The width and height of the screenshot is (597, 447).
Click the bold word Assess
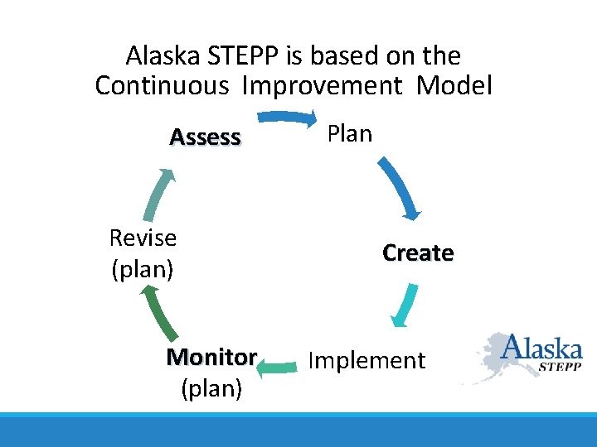pyautogui.click(x=205, y=137)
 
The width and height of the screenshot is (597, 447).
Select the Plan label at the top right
pyautogui.click(x=349, y=133)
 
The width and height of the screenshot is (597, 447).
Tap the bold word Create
pyautogui.click(x=418, y=252)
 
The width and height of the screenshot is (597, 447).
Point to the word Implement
pyautogui.click(x=366, y=360)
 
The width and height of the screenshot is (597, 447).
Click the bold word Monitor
pyautogui.click(x=211, y=357)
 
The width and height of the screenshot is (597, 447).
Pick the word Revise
pyautogui.click(x=143, y=238)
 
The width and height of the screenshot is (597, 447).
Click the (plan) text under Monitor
pyautogui.click(x=211, y=388)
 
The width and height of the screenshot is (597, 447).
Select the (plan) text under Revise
pyautogui.click(x=142, y=269)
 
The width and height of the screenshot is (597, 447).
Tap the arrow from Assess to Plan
pyautogui.click(x=287, y=118)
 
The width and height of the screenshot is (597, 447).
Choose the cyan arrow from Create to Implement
pyautogui.click(x=404, y=307)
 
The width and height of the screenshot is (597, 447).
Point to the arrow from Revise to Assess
pyautogui.click(x=157, y=198)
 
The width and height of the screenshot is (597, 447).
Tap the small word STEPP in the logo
pyautogui.click(x=560, y=365)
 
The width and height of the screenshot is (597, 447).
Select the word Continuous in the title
pyautogui.click(x=162, y=85)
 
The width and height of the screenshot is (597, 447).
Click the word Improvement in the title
pyautogui.click(x=323, y=85)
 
